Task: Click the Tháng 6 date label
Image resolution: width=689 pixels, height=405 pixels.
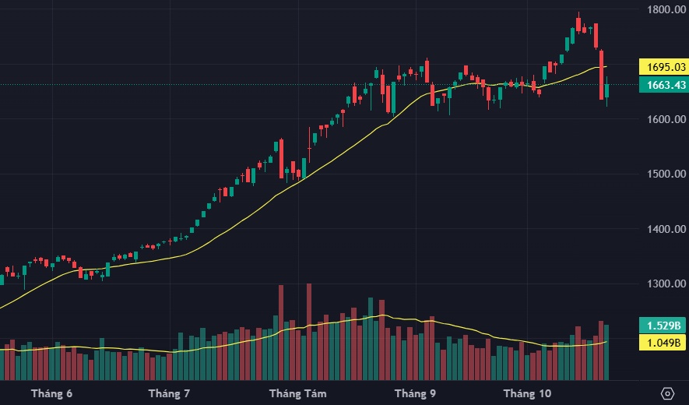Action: click(x=51, y=393)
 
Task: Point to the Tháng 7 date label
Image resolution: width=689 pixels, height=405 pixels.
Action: click(x=169, y=393)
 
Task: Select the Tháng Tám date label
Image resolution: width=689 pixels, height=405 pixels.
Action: click(x=292, y=393)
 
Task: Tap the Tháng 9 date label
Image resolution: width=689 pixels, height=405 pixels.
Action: click(x=415, y=393)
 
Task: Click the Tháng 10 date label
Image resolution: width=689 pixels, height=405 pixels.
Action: click(x=527, y=393)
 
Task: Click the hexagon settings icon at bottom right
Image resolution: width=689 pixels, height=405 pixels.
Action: click(x=667, y=393)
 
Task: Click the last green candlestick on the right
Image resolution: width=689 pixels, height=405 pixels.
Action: click(x=607, y=92)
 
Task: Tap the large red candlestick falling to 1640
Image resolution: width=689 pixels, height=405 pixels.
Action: click(x=602, y=75)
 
